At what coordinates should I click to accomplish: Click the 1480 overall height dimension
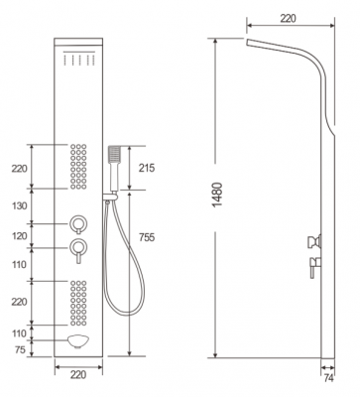[x=218, y=195]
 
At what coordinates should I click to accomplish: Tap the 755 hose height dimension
[x=147, y=237]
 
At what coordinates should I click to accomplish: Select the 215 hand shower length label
[x=147, y=168]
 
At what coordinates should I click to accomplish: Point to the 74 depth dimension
[x=328, y=378]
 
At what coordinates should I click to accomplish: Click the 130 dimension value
[x=19, y=206]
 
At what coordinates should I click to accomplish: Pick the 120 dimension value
[x=19, y=236]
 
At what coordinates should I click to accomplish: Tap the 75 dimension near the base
[x=20, y=349]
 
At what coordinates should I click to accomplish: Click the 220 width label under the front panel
[x=78, y=375]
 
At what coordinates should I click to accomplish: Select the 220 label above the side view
[x=288, y=19]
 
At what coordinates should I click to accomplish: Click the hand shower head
[x=114, y=155]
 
